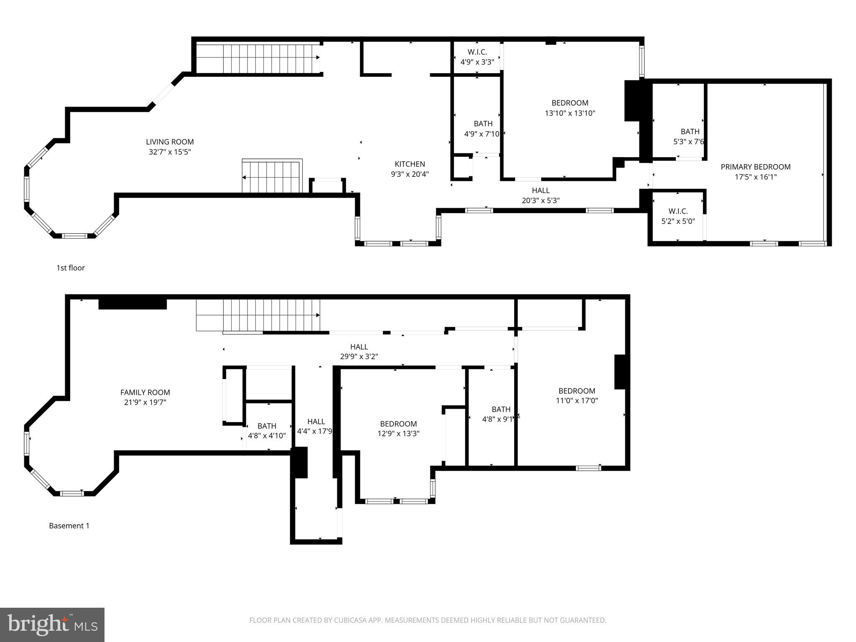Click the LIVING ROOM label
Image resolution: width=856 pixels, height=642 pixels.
170,142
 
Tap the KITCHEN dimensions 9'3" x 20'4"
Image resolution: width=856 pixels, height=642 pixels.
410,174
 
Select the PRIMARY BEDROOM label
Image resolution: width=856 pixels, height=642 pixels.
755,167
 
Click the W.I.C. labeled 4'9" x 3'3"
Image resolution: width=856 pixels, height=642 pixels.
477,57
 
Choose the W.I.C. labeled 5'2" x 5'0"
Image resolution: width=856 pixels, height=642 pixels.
678,216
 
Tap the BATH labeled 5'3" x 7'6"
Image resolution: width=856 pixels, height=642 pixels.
690,137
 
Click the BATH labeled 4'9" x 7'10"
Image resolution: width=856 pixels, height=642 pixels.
483,129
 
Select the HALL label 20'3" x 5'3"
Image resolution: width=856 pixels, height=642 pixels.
540,196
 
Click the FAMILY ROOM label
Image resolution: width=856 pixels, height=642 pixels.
145,392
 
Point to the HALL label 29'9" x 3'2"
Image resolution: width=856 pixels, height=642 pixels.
359,352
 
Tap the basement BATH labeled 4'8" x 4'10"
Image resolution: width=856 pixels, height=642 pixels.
267,431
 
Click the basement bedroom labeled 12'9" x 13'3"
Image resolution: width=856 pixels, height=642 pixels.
398,428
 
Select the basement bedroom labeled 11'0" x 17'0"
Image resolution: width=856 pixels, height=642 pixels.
577,395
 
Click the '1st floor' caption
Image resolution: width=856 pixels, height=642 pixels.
71,268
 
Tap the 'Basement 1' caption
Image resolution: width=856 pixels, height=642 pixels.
69,526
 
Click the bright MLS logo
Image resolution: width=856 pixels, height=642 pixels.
52,624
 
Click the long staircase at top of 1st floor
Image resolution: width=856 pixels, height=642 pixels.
258,59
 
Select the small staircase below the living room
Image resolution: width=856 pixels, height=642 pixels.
272,176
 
